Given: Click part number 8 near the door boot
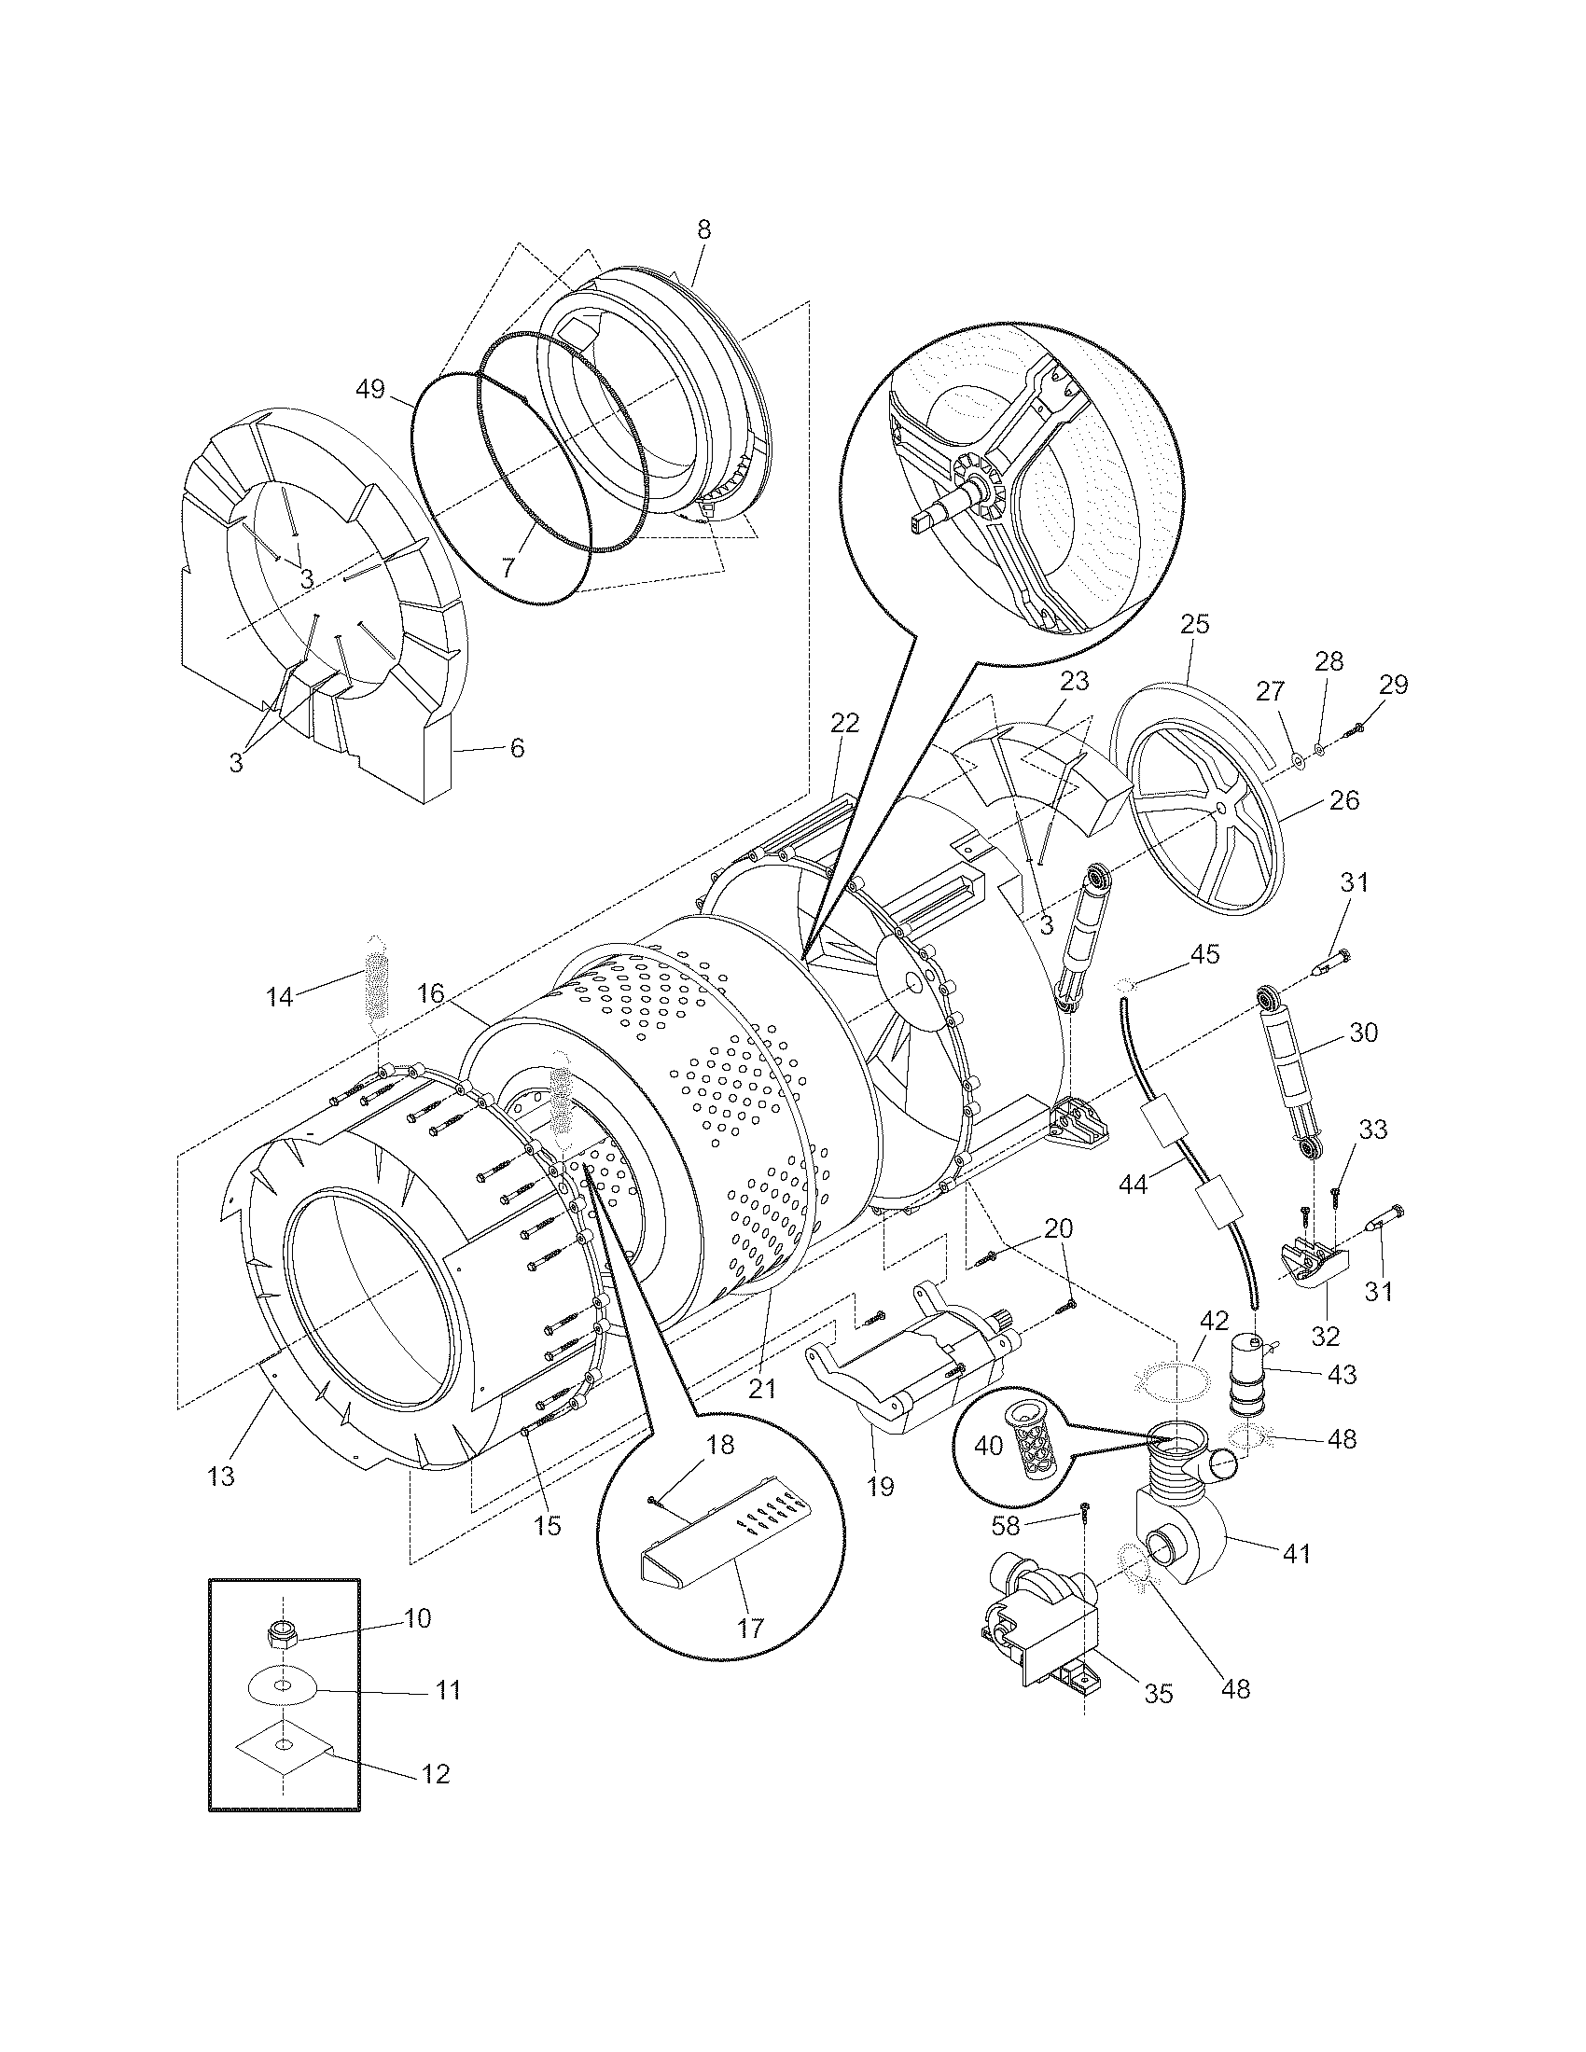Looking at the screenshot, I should [703, 230].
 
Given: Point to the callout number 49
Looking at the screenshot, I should [371, 389].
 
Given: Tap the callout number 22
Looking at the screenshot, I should [844, 724].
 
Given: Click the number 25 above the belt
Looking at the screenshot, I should [1196, 625].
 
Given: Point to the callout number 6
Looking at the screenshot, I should [517, 748].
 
